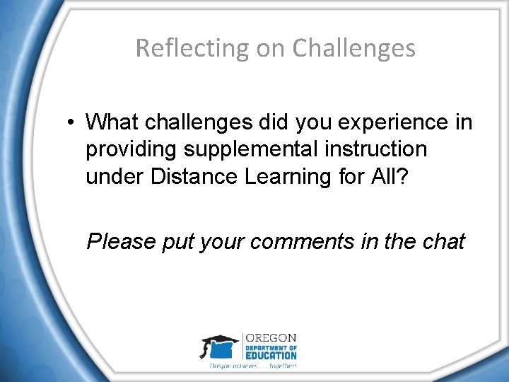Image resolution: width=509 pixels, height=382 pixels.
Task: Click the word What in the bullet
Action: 112,122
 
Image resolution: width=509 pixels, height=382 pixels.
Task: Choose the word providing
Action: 131,150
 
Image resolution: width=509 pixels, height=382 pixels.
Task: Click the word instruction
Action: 370,150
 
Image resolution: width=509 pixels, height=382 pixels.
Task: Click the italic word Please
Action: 121,242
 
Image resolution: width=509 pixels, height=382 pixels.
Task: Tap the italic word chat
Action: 443,242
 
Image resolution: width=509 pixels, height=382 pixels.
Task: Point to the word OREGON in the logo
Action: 271,337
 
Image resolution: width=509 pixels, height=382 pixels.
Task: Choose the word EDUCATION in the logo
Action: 271,356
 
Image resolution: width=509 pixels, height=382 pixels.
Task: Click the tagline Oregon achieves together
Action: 253,366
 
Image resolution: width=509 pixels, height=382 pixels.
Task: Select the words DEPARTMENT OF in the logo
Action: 270,347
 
